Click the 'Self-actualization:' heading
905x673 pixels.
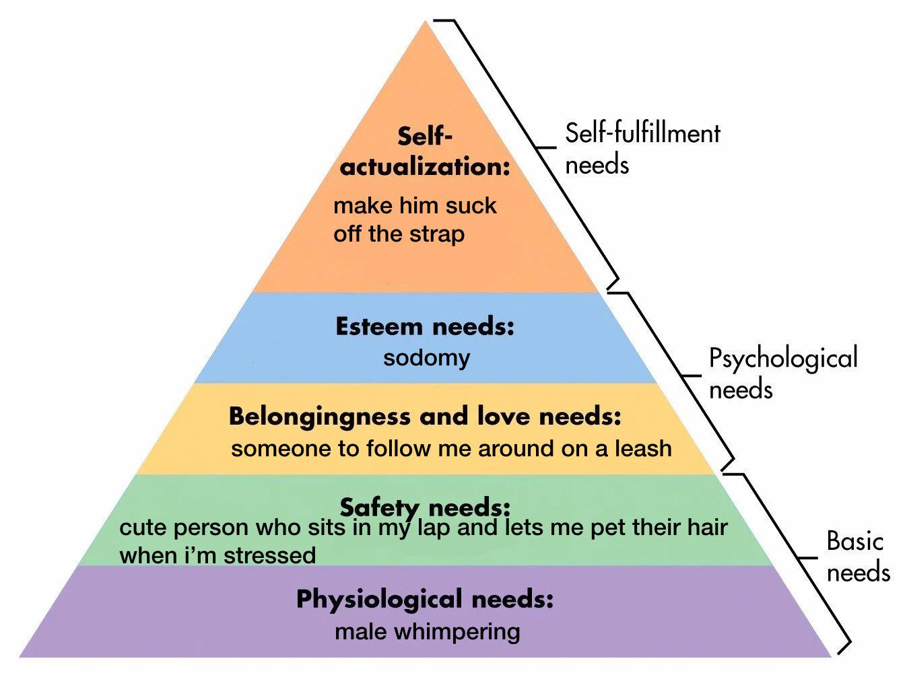425,151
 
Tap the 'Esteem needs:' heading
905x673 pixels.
425,326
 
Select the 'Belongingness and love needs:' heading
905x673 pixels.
425,417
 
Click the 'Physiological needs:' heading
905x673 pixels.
425,600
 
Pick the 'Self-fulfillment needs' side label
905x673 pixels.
642,149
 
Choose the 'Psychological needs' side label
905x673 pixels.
783,372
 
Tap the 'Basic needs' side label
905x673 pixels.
858,556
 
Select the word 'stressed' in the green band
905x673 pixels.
270,555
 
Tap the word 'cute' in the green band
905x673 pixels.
143,528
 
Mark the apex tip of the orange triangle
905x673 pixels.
425,20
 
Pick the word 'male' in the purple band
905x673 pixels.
360,632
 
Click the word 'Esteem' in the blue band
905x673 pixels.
379,326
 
